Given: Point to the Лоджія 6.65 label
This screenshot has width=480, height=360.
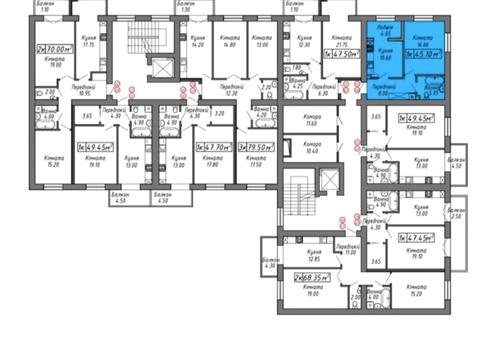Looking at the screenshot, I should pyautogui.click(x=385, y=31).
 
